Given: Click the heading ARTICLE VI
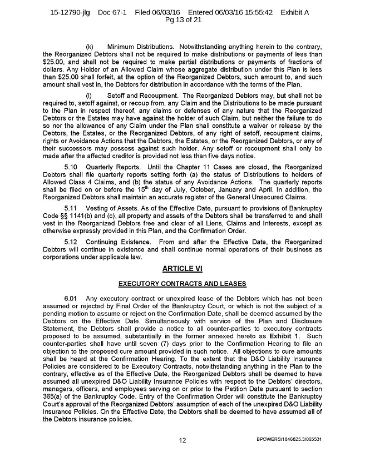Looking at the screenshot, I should pyautogui.click(x=182, y=269).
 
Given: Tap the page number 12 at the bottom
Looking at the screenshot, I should pyautogui.click(x=182, y=440).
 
